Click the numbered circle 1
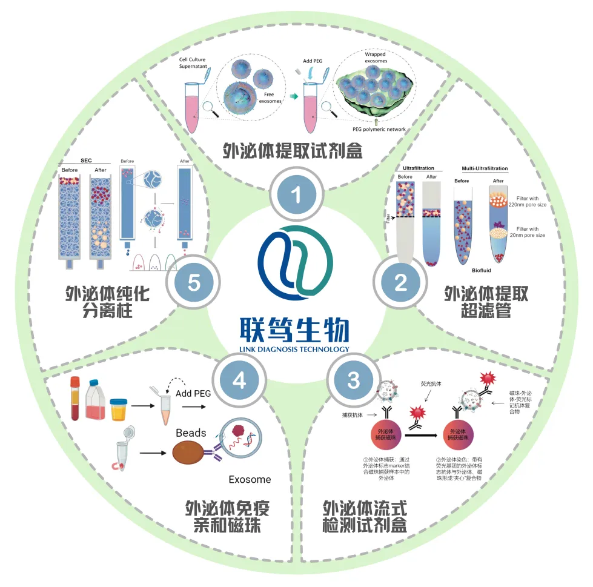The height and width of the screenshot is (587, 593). click(296, 194)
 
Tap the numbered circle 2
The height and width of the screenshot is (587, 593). click(400, 283)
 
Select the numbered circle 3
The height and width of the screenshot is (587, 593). click(353, 380)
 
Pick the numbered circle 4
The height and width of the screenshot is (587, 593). click(240, 380)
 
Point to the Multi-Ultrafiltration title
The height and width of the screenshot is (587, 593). click(485, 168)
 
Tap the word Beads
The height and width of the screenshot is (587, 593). click(191, 433)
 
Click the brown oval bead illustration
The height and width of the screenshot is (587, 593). click(193, 454)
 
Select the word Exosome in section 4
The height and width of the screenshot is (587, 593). click(250, 480)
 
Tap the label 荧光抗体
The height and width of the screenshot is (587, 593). click(431, 383)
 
